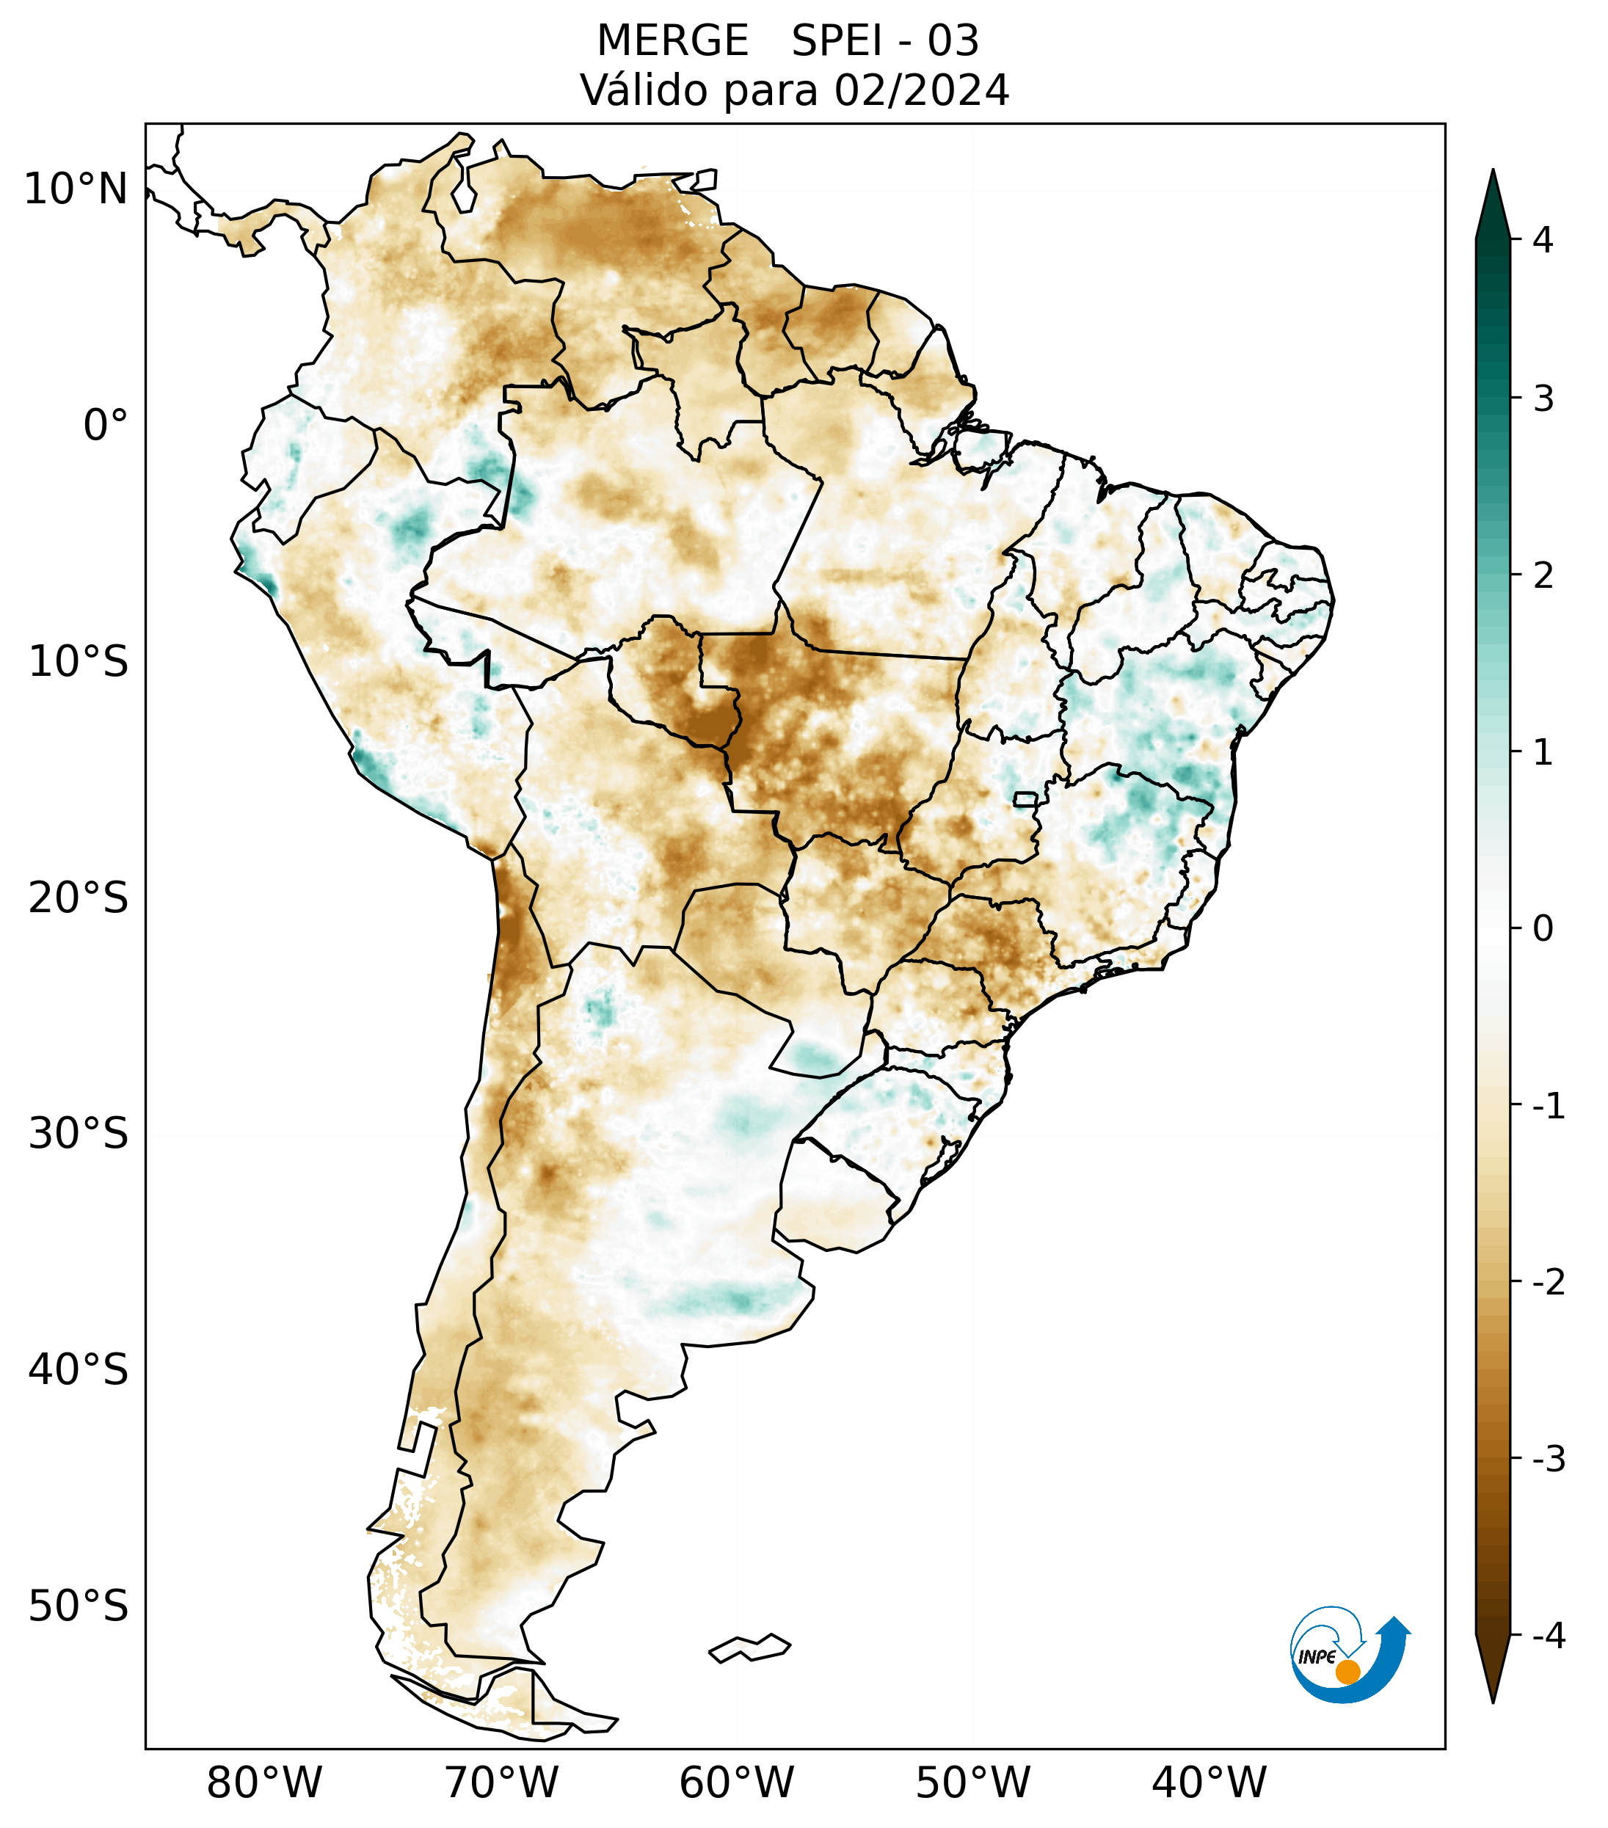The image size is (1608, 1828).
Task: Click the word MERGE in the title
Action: (672, 41)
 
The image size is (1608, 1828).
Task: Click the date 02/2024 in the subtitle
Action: (921, 90)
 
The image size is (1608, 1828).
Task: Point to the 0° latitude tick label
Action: (106, 426)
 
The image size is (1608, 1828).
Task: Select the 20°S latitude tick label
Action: (79, 898)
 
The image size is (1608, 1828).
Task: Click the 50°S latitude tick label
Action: (79, 1607)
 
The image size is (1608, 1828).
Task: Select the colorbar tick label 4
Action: (1543, 240)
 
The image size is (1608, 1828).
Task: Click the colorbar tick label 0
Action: (1543, 929)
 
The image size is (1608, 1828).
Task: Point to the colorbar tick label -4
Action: (1548, 1636)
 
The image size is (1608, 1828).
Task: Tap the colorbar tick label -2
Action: (1548, 1283)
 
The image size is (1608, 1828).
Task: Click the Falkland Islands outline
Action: (749, 1647)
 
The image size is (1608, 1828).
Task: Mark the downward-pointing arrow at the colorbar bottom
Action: (1492, 1668)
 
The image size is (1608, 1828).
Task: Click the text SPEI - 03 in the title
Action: (885, 41)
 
